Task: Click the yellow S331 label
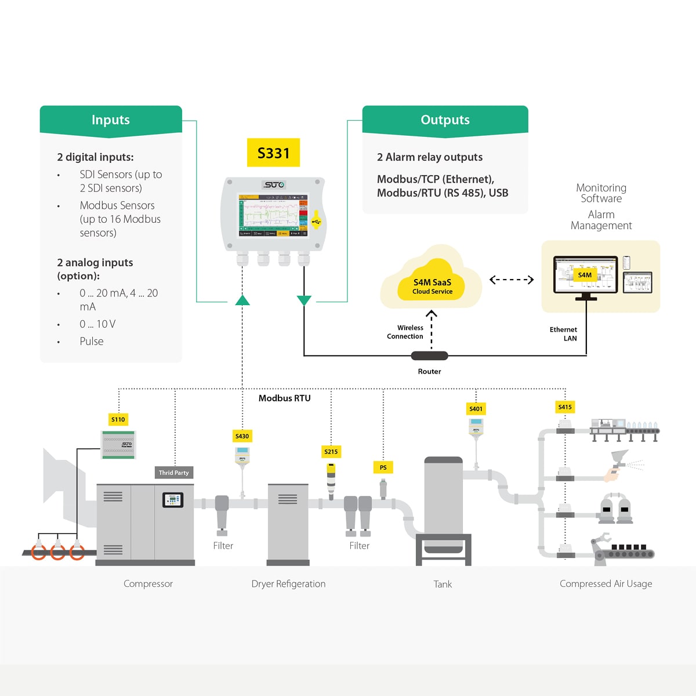(273, 153)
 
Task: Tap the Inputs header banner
(111, 120)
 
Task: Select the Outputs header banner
(445, 120)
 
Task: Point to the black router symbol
(429, 356)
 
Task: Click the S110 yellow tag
(118, 419)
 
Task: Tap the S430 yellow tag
(242, 436)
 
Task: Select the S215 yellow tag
(331, 452)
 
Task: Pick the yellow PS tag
(383, 467)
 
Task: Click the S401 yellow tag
(476, 409)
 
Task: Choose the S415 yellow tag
(565, 407)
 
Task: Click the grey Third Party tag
(174, 473)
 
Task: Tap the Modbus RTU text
(284, 398)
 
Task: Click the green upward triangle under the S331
(242, 300)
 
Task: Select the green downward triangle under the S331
(304, 300)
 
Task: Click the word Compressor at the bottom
(148, 584)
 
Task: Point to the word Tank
(443, 585)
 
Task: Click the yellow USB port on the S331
(316, 221)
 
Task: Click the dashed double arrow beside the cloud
(511, 280)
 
